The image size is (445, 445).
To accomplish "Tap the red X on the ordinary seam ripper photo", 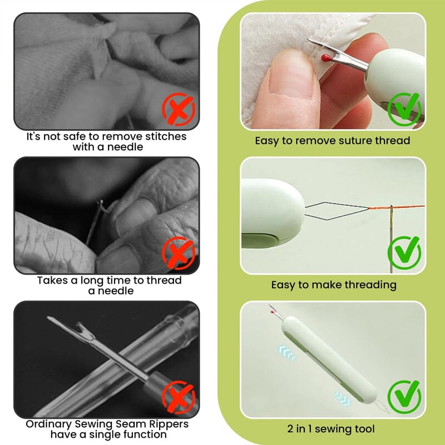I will pyautogui.click(x=178, y=395).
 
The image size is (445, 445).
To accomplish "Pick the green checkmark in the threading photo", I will pyautogui.click(x=404, y=252).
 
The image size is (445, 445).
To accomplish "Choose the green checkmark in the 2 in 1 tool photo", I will pyautogui.click(x=404, y=395).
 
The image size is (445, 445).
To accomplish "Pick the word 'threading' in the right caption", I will pyautogui.click(x=369, y=285).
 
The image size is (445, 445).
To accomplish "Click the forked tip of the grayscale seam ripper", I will pyautogui.click(x=56, y=322).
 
